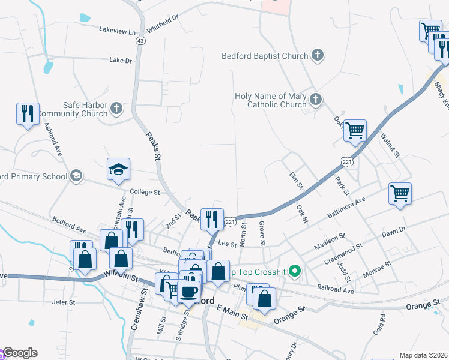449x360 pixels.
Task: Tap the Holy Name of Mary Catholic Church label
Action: click(270, 100)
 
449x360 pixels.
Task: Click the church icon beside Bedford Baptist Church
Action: click(318, 56)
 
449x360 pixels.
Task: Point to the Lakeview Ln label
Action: click(118, 29)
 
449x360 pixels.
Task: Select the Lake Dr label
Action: click(121, 60)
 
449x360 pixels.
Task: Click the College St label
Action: click(145, 193)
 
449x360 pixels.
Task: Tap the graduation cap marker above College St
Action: click(119, 170)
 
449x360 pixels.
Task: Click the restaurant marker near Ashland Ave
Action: click(28, 113)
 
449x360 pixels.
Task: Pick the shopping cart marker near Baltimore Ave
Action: click(400, 194)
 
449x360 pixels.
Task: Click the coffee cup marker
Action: click(189, 292)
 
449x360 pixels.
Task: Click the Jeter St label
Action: click(63, 302)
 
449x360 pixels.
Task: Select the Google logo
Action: click(19, 353)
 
